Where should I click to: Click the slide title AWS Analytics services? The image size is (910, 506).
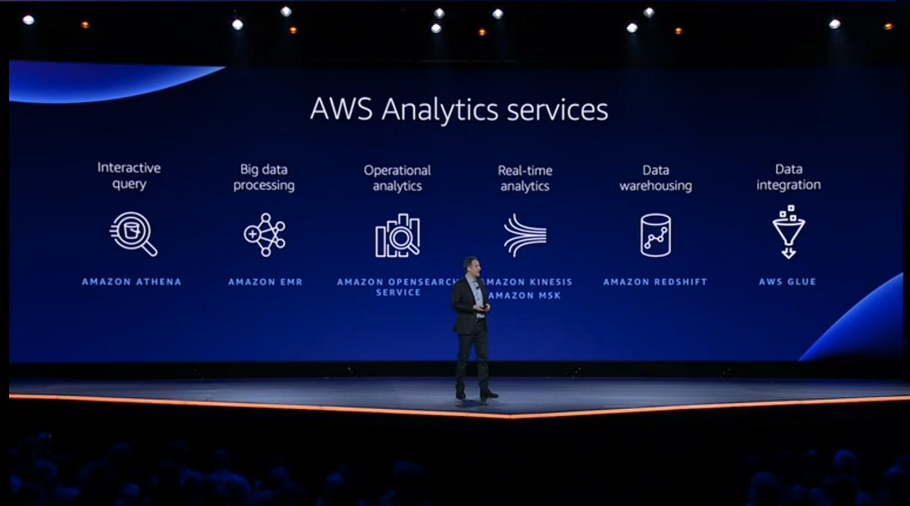[459, 110]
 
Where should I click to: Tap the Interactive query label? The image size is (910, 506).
[129, 176]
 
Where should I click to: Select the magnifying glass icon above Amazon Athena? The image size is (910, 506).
[133, 233]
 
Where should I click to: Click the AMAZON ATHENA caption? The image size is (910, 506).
[132, 282]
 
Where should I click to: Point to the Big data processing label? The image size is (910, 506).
[264, 177]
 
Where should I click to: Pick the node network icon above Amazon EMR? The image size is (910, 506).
[265, 234]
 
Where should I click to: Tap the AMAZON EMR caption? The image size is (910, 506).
[265, 282]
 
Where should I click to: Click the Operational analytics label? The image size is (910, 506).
[397, 177]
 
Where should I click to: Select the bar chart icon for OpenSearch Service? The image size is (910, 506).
[397, 236]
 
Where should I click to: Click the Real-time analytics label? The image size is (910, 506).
[525, 177]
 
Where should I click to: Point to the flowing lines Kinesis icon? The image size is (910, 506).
[525, 235]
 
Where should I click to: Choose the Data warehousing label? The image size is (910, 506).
[655, 177]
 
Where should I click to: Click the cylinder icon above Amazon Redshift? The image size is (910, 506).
[655, 234]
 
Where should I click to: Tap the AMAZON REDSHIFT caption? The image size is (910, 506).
[655, 282]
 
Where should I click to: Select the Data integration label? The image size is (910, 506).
[789, 176]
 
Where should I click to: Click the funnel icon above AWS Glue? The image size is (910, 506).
[789, 232]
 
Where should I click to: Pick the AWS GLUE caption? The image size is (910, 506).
[787, 282]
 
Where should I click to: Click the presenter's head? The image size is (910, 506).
[471, 266]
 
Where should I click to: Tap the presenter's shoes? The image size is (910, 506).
[476, 394]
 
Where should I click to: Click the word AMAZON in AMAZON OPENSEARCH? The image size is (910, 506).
[361, 282]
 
